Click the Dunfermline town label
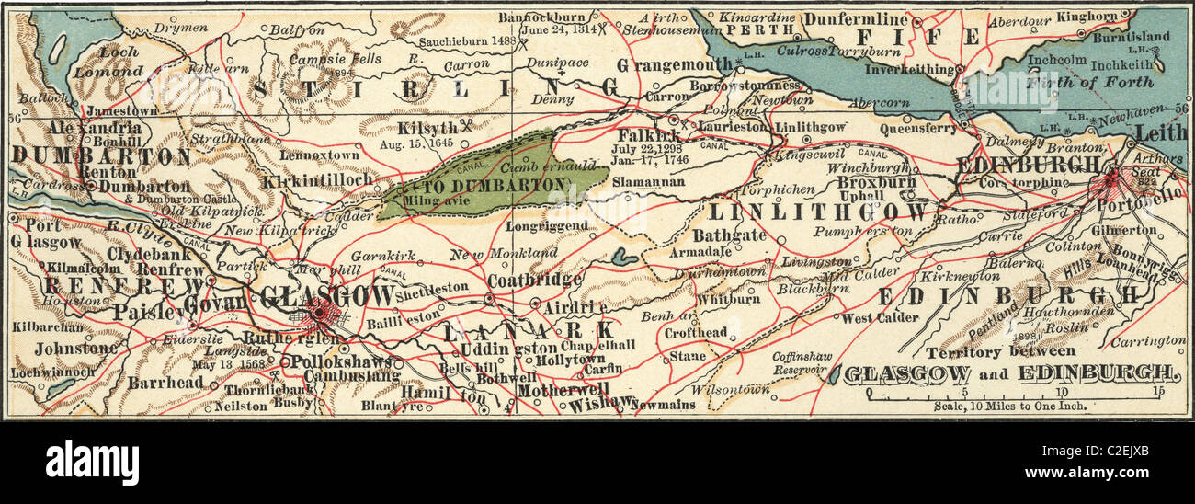click(x=855, y=18)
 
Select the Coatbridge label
click(x=535, y=279)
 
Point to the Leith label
click(x=1161, y=133)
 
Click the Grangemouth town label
click(x=675, y=66)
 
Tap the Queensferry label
click(x=917, y=129)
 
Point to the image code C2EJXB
click(x=1132, y=453)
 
